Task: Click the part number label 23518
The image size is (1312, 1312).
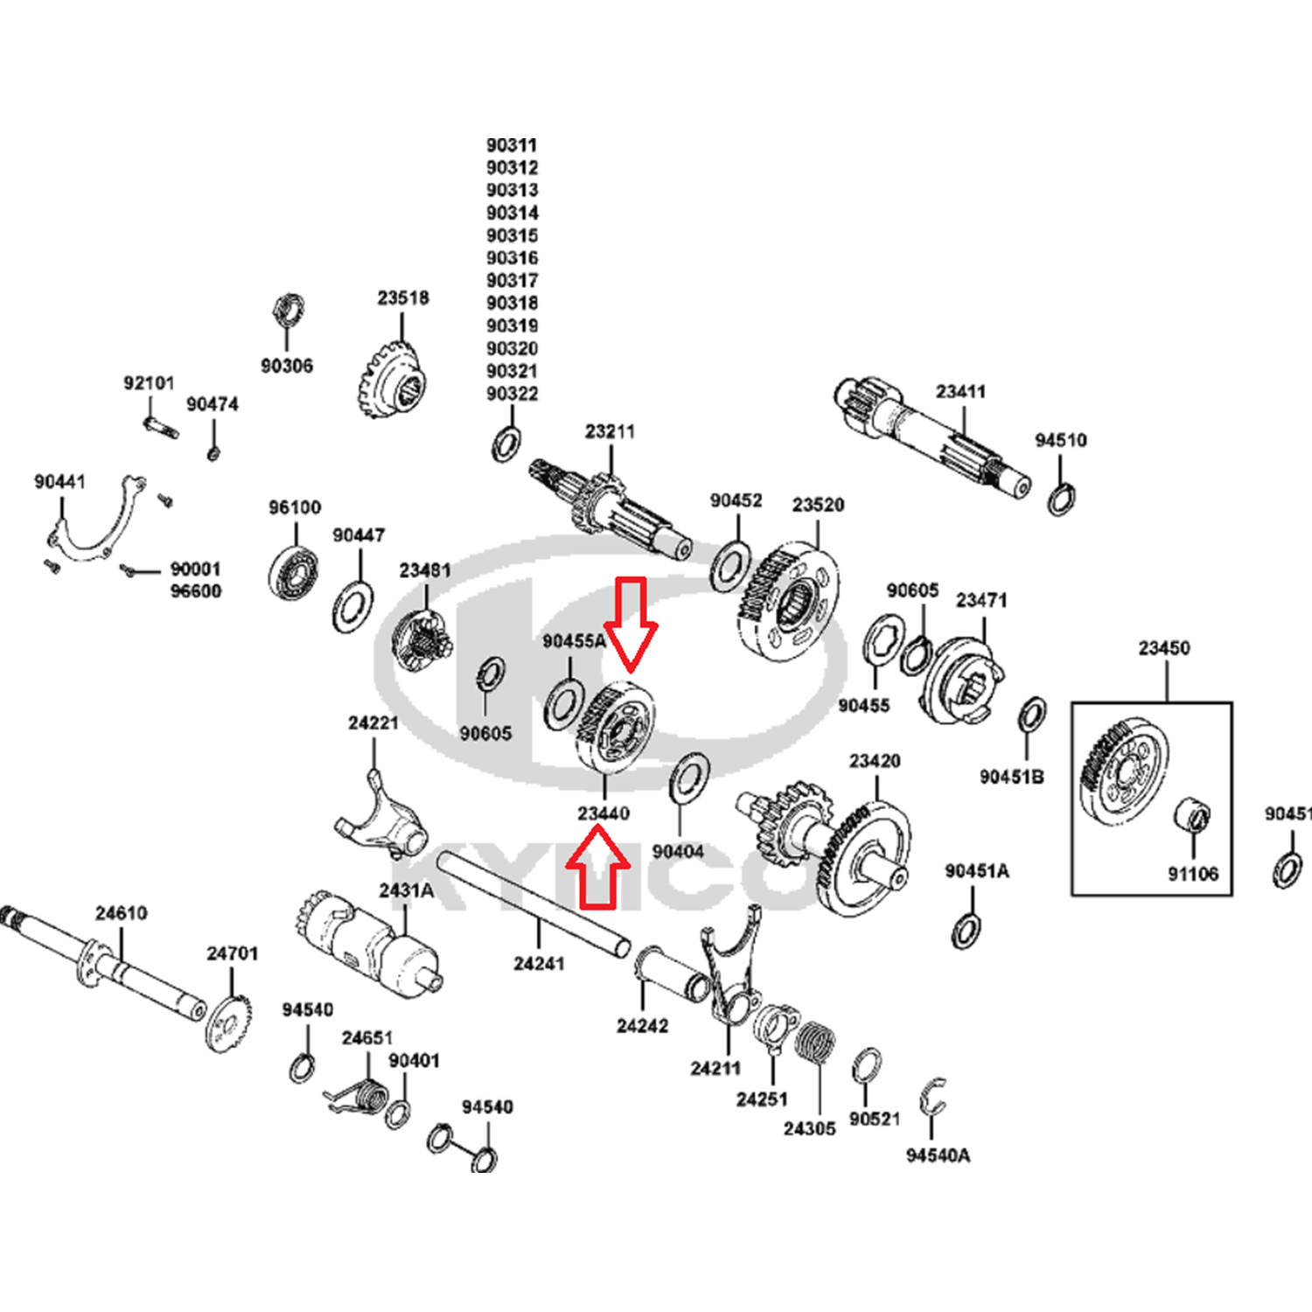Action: (x=403, y=298)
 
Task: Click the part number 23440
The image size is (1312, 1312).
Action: (x=604, y=813)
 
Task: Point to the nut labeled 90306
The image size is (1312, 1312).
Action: (x=288, y=311)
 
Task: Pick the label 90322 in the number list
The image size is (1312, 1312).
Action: (x=513, y=394)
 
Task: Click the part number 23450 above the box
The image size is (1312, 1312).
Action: (x=1164, y=648)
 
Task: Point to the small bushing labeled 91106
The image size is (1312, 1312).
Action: (x=1191, y=815)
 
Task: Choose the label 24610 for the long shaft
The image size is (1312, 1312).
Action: (x=122, y=913)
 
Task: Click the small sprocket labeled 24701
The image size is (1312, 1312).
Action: (x=228, y=1022)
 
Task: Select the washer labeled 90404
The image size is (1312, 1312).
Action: (x=689, y=778)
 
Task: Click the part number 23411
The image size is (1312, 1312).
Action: (x=960, y=392)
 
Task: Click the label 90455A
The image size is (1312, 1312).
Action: (x=574, y=641)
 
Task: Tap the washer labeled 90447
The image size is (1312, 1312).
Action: (x=352, y=605)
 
